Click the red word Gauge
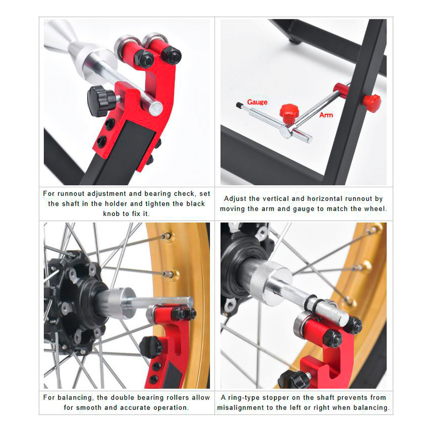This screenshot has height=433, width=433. tap(257, 102)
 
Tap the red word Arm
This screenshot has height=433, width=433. tap(326, 115)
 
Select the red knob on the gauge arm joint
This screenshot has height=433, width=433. tap(289, 114)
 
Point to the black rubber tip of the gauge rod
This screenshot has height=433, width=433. tap(239, 105)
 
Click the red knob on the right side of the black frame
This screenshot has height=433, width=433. tap(372, 103)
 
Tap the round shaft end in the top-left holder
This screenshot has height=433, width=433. tap(155, 109)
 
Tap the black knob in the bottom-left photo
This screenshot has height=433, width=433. tap(150, 347)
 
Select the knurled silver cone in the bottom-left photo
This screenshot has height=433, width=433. tap(121, 303)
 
